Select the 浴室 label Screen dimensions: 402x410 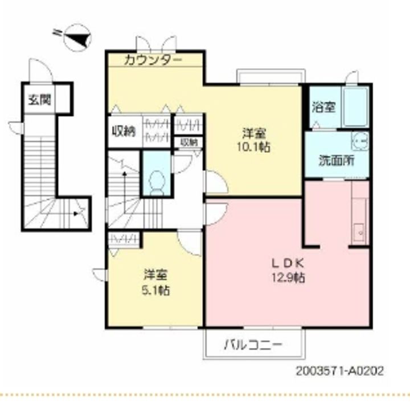tap(323, 106)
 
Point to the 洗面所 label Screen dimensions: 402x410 tap(337, 160)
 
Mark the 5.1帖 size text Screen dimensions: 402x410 tap(155, 290)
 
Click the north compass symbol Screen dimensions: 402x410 tap(76, 38)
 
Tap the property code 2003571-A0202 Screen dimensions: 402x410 tap(339, 370)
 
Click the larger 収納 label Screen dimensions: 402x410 tap(124, 131)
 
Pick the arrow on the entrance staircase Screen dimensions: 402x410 tap(79, 214)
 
